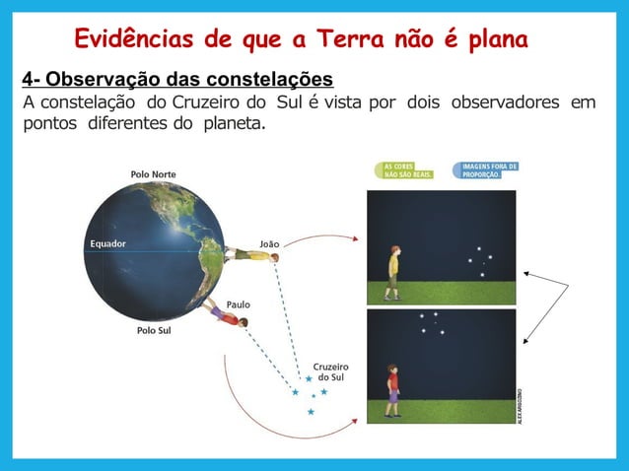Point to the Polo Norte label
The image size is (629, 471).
click(154, 174)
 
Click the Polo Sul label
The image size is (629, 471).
click(153, 331)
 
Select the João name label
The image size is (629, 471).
click(269, 241)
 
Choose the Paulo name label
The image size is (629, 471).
click(239, 304)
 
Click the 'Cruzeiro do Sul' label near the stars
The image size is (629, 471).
click(330, 371)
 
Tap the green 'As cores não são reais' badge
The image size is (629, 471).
click(402, 170)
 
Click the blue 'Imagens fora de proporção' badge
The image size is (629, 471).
click(484, 170)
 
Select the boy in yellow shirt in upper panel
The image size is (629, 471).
click(393, 272)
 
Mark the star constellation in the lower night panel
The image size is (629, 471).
click(432, 322)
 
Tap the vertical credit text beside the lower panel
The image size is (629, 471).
click(521, 402)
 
